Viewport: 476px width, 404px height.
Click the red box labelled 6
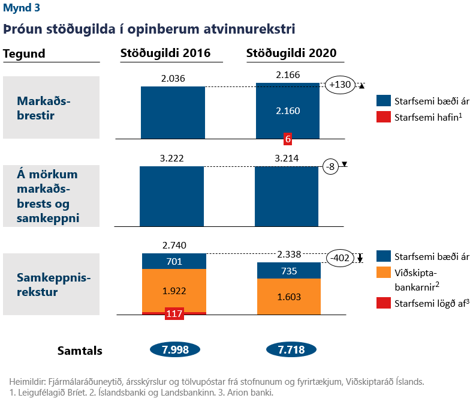point(288,139)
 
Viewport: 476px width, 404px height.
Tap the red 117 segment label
point(174,313)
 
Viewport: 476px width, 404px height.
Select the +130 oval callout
point(340,85)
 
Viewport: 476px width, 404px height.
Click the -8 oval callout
point(330,166)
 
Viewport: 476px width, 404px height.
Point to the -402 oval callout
point(339,258)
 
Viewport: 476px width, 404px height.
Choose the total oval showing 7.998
point(173,350)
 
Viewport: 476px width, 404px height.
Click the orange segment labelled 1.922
point(174,291)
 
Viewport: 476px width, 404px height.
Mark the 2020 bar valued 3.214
point(287,196)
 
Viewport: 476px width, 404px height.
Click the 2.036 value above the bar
point(173,78)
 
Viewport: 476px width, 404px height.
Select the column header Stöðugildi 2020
point(291,53)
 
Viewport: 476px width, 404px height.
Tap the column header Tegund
point(25,53)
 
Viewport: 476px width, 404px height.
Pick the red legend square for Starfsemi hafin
point(383,117)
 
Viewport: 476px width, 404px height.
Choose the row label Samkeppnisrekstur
point(50,285)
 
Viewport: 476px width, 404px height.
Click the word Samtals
point(80,351)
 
